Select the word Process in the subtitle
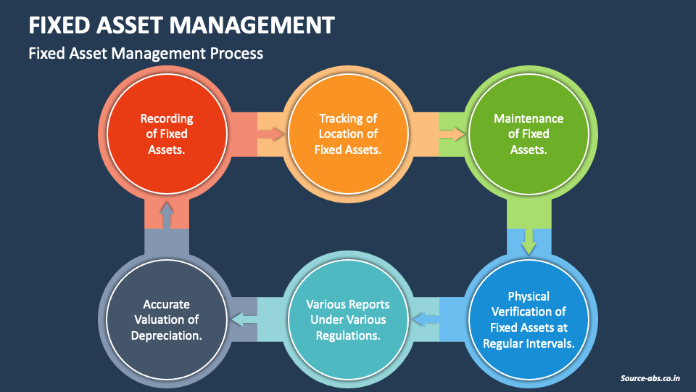tap(235, 53)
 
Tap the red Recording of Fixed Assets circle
tap(167, 134)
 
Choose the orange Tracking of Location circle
tap(348, 134)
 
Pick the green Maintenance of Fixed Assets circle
tap(529, 134)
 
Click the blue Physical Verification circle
tap(529, 319)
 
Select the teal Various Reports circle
tap(348, 319)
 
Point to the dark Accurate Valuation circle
tap(167, 319)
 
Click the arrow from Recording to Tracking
tap(270, 134)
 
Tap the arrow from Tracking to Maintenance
tap(452, 134)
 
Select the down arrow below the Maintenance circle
tap(529, 238)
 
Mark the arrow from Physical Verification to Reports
tap(427, 319)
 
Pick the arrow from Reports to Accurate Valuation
tap(244, 319)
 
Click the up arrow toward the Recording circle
tap(167, 215)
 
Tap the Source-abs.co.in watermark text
tap(650, 378)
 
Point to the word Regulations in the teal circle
tap(348, 335)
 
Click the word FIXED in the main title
tap(59, 25)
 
